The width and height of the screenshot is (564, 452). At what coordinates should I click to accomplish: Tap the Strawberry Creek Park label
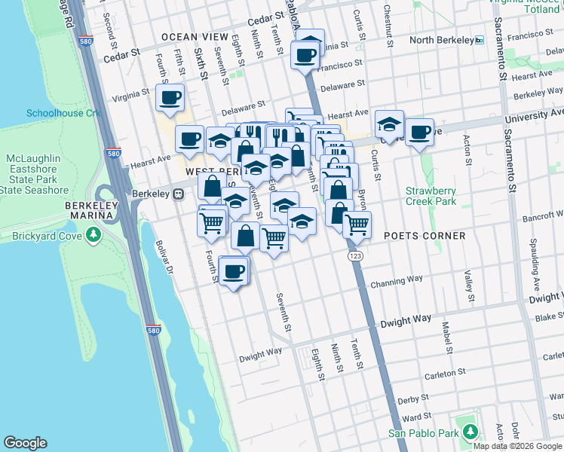click(431, 196)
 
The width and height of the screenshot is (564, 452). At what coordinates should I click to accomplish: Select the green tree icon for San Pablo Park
click(471, 432)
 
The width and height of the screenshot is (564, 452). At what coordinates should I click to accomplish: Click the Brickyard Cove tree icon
click(93, 236)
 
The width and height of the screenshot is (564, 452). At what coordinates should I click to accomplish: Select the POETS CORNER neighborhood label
click(425, 236)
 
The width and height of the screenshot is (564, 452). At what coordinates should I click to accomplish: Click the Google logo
click(25, 443)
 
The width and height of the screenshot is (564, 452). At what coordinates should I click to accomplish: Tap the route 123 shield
click(354, 257)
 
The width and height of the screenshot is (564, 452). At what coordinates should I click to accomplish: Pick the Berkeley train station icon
click(179, 194)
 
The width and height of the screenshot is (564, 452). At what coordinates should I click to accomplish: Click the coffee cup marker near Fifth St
click(170, 97)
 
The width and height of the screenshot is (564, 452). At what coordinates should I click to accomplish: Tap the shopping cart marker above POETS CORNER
click(357, 224)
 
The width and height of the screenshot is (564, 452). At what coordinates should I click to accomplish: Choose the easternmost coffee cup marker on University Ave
click(419, 133)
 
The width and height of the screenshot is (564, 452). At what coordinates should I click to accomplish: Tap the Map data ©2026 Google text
click(516, 446)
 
